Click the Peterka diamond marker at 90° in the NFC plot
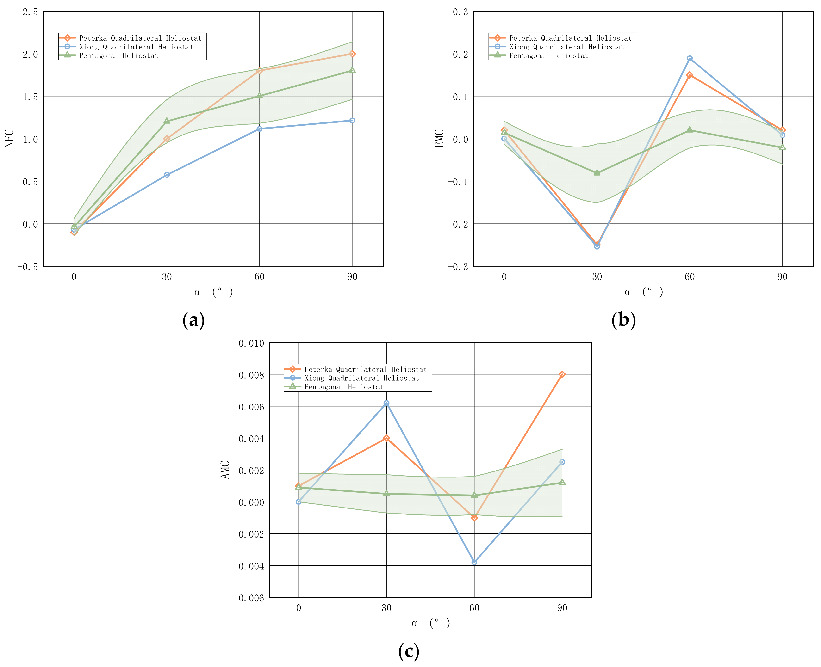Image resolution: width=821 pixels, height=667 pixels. click(352, 54)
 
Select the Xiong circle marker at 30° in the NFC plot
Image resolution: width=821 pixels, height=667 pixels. click(167, 175)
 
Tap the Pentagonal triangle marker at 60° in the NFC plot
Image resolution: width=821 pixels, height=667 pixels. click(259, 95)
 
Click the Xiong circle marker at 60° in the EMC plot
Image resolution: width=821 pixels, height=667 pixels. click(690, 58)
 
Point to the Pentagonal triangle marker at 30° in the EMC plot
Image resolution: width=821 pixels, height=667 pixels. click(597, 173)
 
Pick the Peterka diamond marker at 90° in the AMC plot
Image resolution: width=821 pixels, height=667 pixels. click(562, 374)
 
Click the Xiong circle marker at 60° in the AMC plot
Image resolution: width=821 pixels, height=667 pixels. click(474, 562)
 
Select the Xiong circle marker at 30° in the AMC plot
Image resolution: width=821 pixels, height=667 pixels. click(386, 403)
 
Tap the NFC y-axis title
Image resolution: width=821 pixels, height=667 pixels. click(9, 138)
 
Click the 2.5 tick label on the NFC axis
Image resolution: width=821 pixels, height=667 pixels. click(30, 12)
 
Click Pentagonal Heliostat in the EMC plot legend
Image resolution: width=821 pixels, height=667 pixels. click(548, 56)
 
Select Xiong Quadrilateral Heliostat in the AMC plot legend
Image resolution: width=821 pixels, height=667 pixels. click(361, 378)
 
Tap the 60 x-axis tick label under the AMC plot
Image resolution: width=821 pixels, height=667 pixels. click(474, 608)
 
